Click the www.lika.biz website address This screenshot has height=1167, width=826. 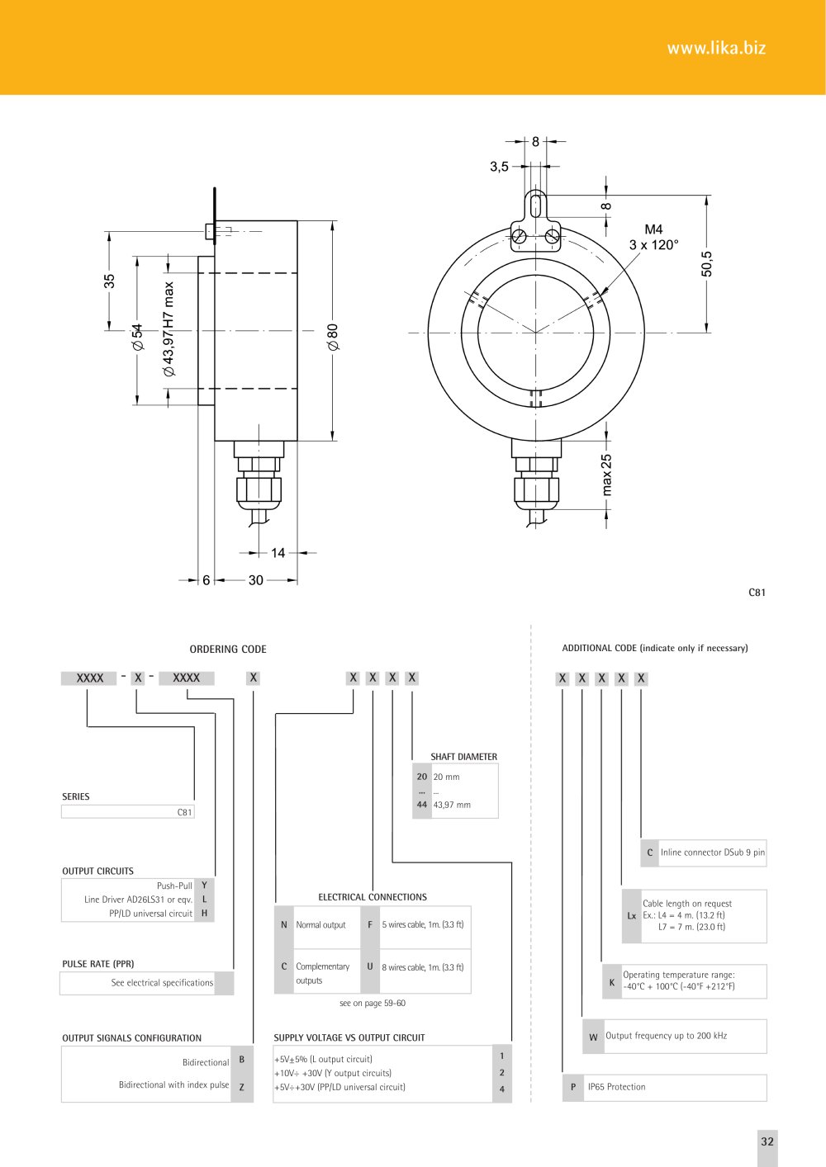pyautogui.click(x=716, y=49)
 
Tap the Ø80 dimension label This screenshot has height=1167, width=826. pyautogui.click(x=333, y=337)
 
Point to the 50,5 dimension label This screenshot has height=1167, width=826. pyautogui.click(x=706, y=263)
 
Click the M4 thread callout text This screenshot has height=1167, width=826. pyautogui.click(x=653, y=229)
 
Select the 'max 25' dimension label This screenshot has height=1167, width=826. pyautogui.click(x=606, y=475)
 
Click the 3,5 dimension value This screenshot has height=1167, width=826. pyautogui.click(x=499, y=167)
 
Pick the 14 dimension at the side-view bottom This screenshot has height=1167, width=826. pyautogui.click(x=278, y=553)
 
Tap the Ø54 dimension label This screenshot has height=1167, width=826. pyautogui.click(x=138, y=337)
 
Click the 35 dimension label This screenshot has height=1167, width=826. pyautogui.click(x=109, y=281)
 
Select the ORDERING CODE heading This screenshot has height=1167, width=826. pyautogui.click(x=228, y=650)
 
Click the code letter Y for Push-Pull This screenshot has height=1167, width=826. pyautogui.click(x=204, y=885)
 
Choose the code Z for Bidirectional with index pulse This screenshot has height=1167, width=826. pyautogui.click(x=242, y=1087)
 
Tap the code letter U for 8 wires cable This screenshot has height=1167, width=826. pyautogui.click(x=370, y=966)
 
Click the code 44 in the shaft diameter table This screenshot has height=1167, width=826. pyautogui.click(x=422, y=805)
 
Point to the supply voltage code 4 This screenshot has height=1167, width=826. pyautogui.click(x=501, y=1089)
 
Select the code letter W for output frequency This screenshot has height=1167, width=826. pyautogui.click(x=593, y=1037)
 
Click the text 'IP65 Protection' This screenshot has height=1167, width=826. pyautogui.click(x=617, y=1087)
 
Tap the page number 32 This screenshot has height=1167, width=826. pyautogui.click(x=767, y=1141)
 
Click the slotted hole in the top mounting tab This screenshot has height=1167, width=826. pyautogui.click(x=535, y=205)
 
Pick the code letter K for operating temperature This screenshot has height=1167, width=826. pyautogui.click(x=612, y=983)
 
